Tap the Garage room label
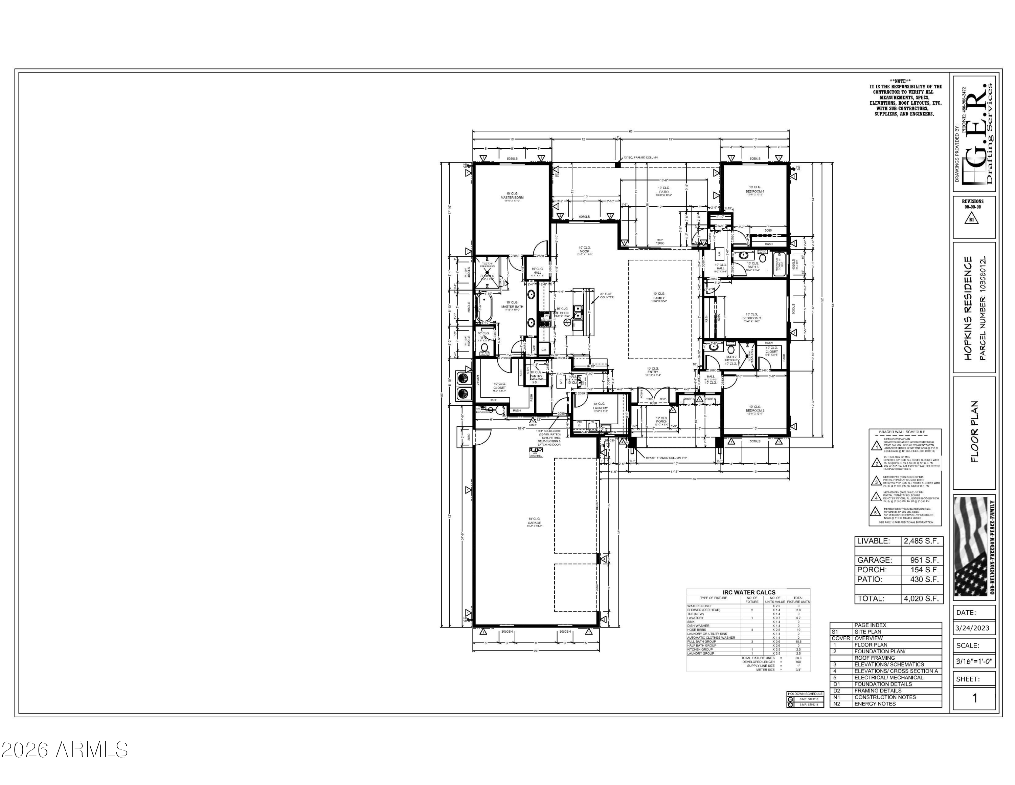pyautogui.click(x=534, y=523)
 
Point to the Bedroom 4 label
pyautogui.click(x=755, y=191)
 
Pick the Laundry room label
pyautogui.click(x=600, y=408)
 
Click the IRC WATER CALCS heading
pyautogui.click(x=748, y=592)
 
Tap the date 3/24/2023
pyautogui.click(x=972, y=628)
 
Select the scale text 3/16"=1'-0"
pyautogui.click(x=974, y=661)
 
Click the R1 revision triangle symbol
pyautogui.click(x=972, y=218)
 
